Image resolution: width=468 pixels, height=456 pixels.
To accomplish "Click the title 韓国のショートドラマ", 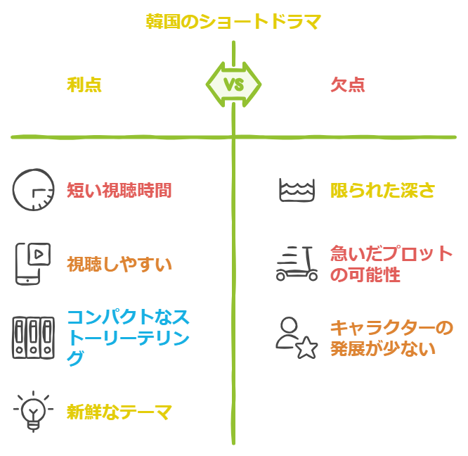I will [233, 22].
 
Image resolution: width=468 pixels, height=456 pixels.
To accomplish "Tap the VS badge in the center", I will [233, 85].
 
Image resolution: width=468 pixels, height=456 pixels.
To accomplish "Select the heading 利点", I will [84, 85].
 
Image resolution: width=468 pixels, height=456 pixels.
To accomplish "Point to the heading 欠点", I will [348, 85].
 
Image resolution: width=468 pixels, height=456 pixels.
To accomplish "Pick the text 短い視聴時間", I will [119, 190].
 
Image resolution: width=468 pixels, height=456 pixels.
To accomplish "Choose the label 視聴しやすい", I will [119, 264].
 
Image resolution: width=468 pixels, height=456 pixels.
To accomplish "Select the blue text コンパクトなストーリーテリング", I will [128, 337].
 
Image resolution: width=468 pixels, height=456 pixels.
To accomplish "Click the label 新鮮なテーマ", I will [119, 412].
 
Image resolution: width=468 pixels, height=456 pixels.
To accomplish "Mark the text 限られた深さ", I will [383, 190].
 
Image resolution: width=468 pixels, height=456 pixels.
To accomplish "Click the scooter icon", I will [297, 264].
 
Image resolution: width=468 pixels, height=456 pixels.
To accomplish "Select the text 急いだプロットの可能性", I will [391, 264].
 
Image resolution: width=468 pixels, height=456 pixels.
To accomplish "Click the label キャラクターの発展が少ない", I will [392, 338].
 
